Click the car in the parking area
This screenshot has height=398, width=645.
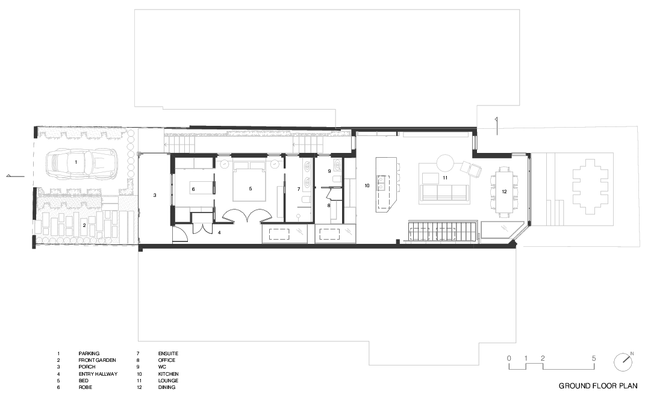point(81,163)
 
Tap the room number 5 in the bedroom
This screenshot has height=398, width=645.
point(251,188)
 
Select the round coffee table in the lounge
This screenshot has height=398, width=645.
point(444,163)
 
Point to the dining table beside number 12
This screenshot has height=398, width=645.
point(504,192)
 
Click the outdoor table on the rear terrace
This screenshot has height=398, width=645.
point(590,186)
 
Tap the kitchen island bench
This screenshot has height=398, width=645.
point(386,184)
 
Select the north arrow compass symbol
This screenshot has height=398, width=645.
point(624,362)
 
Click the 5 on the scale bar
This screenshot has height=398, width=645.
point(594,358)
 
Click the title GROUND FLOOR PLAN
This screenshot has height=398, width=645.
point(598,386)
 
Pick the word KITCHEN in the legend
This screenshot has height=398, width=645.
point(168,374)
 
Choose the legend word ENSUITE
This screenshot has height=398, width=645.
point(168,353)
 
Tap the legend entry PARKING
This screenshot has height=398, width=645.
point(89,353)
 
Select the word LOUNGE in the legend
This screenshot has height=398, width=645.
point(168,381)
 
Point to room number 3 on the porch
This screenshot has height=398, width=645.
point(155,195)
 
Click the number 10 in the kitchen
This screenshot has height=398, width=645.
point(367,186)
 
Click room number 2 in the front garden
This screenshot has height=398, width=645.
point(84,225)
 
